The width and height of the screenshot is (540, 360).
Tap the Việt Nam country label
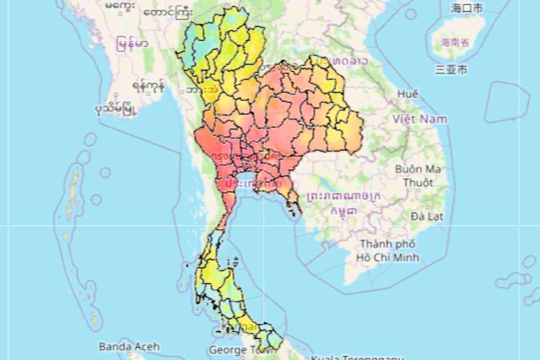point(419,119)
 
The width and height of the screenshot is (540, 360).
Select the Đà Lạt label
point(427,217)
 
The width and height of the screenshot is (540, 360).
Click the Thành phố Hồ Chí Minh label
point(387,251)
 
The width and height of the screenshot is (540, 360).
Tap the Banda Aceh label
point(129,347)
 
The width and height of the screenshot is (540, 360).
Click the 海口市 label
point(466,8)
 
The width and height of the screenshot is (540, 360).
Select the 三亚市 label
point(451,69)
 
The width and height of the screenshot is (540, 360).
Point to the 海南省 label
point(455,42)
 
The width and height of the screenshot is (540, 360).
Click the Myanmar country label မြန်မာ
point(133,44)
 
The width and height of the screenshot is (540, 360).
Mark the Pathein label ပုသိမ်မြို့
point(116,109)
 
